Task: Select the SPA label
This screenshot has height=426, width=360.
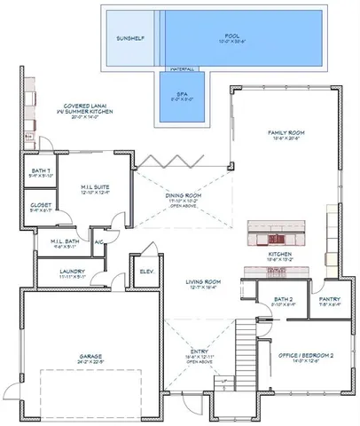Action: point(182,95)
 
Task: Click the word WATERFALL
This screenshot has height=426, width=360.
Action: point(183,68)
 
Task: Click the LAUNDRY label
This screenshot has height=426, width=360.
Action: point(72,273)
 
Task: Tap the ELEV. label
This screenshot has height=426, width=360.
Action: point(145,271)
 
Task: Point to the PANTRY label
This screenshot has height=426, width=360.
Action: point(331,300)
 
